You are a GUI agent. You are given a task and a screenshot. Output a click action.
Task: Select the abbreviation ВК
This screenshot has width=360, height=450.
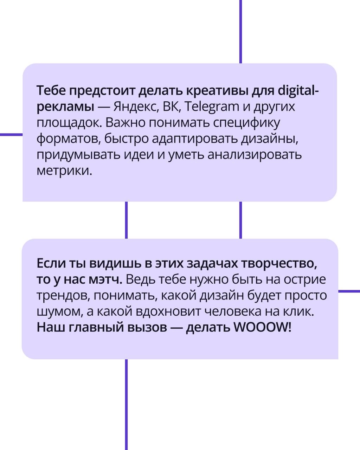coord(172,107)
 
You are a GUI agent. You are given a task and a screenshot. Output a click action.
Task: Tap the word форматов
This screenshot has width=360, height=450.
coord(69,139)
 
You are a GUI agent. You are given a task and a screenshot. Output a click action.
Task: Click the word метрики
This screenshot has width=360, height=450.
coord(64,171)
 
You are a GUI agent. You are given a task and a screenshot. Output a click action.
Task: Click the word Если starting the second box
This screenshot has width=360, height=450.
coord(51,263)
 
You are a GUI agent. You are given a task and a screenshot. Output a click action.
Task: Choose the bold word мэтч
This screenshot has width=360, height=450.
coord(105,280)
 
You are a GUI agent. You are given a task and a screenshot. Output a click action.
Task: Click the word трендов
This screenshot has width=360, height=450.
coord(63,296)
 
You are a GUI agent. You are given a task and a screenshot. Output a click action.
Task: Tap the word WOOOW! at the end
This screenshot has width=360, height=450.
coord(262,327)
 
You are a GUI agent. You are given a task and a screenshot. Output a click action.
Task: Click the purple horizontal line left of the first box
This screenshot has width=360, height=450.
coord(11,135)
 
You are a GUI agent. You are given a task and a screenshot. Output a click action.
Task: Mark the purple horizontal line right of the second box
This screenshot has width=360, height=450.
coord(349,291)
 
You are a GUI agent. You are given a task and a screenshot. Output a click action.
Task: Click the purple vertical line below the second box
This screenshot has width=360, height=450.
coord(126,405)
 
